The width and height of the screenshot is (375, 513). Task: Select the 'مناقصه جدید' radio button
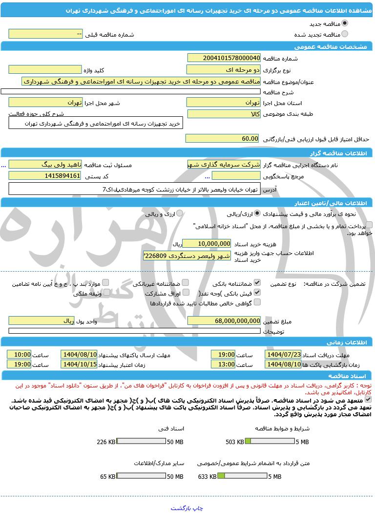coord(345,23)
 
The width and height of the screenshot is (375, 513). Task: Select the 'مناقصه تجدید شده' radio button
coord(345,34)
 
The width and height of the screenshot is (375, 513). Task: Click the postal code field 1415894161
coord(45,175)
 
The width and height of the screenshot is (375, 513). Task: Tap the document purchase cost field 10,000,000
coord(207,243)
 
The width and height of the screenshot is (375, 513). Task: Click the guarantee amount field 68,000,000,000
coord(224,321)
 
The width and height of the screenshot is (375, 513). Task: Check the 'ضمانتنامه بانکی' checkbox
coord(257,283)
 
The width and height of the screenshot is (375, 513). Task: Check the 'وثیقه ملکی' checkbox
coord(105,293)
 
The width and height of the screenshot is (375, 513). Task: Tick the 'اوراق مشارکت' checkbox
coord(185,293)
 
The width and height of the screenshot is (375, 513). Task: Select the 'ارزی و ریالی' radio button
coord(180,214)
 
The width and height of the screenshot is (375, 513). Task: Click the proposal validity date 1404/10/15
coord(79,364)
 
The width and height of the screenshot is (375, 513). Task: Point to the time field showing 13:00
coord(223,364)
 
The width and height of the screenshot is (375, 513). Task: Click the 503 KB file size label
coord(234,442)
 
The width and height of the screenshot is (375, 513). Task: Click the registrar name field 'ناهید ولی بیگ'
coord(45,165)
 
